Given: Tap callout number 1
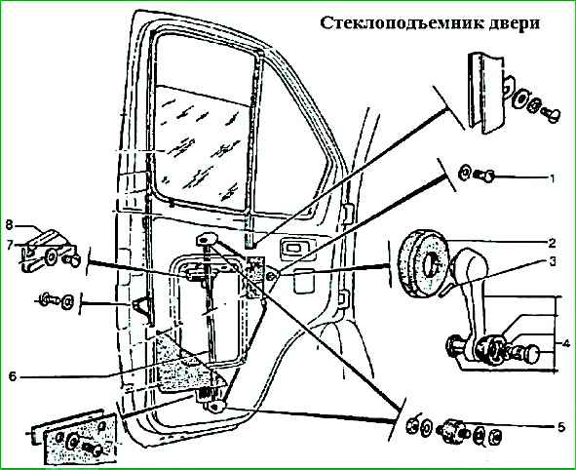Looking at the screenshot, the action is pos(552,178).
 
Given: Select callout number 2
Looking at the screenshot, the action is pos(552,243).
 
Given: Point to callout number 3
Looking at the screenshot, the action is pos(552,261).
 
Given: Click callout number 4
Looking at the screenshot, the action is pos(565,344).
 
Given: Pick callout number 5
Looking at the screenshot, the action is pos(560,428).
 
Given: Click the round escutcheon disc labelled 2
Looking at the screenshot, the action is pos(422,262).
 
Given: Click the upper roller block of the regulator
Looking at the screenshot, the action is pos(207,240).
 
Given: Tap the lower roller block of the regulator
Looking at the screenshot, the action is pos(215,407).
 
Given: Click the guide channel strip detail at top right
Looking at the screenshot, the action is pos(485,93).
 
